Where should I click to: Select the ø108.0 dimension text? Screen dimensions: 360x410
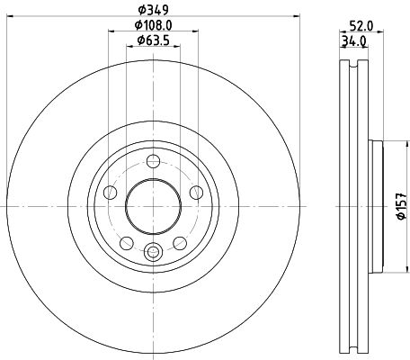(153, 26)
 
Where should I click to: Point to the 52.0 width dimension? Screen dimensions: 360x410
(362, 26)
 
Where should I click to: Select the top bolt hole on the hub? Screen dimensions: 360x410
(153, 161)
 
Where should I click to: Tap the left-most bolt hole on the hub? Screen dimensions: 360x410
(111, 191)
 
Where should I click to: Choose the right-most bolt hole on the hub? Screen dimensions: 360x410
(194, 191)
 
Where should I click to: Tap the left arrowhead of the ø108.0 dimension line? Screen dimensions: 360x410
(111, 33)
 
